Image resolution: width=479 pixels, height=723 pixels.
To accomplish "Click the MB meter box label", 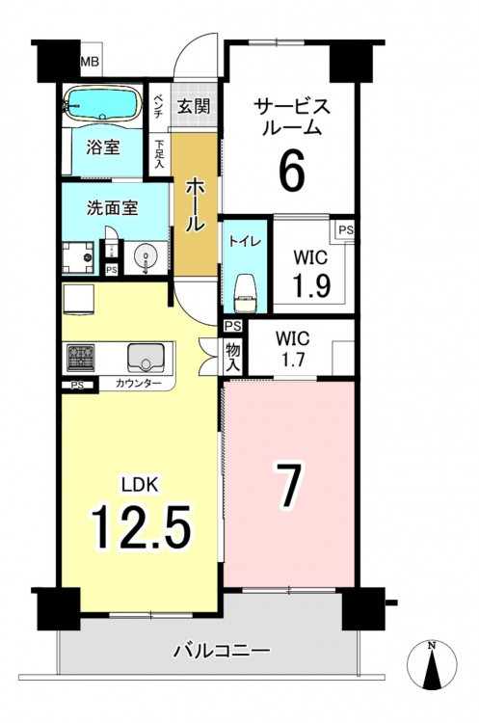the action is click(x=90, y=62).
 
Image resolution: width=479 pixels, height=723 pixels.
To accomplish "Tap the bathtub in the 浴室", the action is click(x=102, y=104).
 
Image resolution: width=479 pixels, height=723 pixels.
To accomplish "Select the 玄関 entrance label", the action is click(x=194, y=106).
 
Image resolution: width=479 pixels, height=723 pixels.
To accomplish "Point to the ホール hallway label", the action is click(x=195, y=205).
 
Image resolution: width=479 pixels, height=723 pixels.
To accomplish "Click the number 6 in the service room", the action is click(x=292, y=171).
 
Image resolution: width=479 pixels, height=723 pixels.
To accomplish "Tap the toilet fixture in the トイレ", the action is click(x=245, y=293).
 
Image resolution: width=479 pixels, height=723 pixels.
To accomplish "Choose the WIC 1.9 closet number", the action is click(x=310, y=285).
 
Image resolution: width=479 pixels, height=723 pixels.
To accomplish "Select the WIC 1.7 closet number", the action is click(x=293, y=360).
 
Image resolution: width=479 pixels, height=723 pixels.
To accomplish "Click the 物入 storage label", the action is click(x=233, y=358).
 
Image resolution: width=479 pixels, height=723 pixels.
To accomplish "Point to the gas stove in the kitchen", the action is click(x=81, y=358).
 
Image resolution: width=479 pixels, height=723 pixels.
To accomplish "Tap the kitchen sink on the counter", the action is click(x=146, y=358).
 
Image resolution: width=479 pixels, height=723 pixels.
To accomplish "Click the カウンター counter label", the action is click(x=139, y=383).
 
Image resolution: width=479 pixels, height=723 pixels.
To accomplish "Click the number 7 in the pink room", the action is click(x=289, y=485).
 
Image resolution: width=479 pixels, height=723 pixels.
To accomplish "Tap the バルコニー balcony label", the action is click(x=222, y=651).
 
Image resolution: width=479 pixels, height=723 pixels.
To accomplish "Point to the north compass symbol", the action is click(x=432, y=664).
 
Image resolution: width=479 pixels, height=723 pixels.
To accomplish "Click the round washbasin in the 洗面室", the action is click(x=145, y=256).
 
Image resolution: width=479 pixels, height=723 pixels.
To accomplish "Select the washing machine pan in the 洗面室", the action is click(x=78, y=257).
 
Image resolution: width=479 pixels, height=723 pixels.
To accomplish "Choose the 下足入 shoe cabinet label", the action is click(x=160, y=153).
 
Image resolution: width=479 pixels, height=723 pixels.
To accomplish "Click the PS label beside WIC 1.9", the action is click(x=346, y=230).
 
